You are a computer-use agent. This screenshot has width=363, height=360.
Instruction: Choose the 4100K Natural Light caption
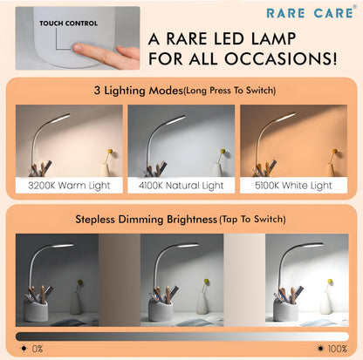[x=181, y=186]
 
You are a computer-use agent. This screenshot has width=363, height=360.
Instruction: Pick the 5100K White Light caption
[x=293, y=186]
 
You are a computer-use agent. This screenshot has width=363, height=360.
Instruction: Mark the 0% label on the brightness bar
[x=35, y=347]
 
